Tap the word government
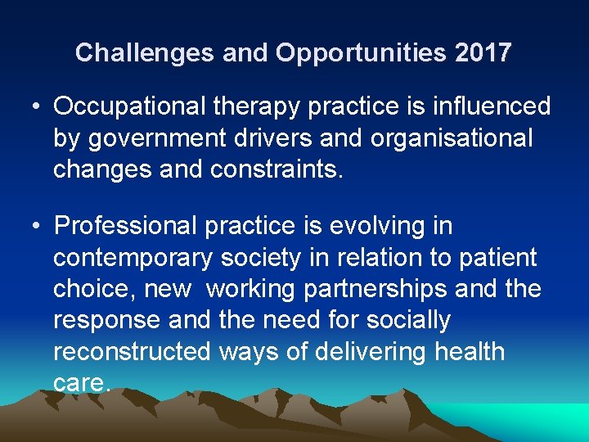pyautogui.click(x=155, y=138)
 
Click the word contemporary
pyautogui.click(x=133, y=258)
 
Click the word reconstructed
pyautogui.click(x=132, y=351)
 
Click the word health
pyautogui.click(x=470, y=351)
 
